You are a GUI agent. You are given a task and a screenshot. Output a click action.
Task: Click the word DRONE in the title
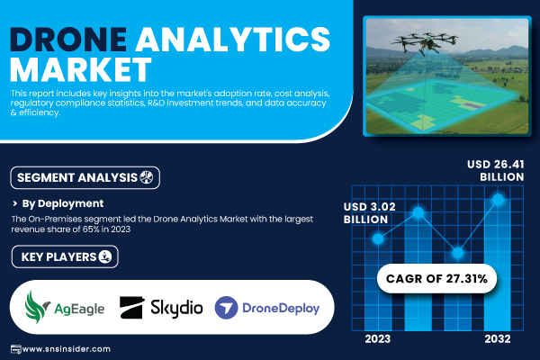(x=68, y=40)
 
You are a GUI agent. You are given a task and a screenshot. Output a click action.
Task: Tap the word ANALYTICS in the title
(x=233, y=40)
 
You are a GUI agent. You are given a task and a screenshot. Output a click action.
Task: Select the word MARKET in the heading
(x=81, y=69)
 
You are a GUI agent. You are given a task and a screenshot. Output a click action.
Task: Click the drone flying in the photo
(x=424, y=42)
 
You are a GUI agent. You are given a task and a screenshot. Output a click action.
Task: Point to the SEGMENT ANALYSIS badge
(x=85, y=178)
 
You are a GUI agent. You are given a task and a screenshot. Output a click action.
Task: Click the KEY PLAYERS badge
(x=65, y=256)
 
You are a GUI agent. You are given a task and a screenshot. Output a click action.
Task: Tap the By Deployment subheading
(x=63, y=203)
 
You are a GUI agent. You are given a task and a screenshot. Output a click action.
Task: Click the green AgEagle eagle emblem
(x=37, y=307)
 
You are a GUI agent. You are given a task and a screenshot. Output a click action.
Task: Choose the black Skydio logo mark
(x=131, y=307)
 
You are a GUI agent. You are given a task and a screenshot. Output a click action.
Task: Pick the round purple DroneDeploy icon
(x=226, y=308)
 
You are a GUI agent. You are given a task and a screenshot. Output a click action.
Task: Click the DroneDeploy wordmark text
(x=281, y=308)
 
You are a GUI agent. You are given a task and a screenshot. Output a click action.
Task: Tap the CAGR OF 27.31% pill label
(x=436, y=279)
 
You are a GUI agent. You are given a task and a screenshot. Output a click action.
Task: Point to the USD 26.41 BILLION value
(x=496, y=170)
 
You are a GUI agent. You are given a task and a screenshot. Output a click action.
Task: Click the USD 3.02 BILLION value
(x=370, y=213)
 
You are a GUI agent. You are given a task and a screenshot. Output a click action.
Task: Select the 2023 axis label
(x=378, y=339)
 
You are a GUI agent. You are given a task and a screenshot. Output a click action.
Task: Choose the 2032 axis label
(x=498, y=339)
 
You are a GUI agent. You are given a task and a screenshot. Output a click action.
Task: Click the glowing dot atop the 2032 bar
(x=498, y=199)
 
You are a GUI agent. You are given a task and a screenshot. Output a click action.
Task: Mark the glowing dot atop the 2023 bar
(x=378, y=238)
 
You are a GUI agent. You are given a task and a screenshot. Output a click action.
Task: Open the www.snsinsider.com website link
(x=66, y=349)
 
